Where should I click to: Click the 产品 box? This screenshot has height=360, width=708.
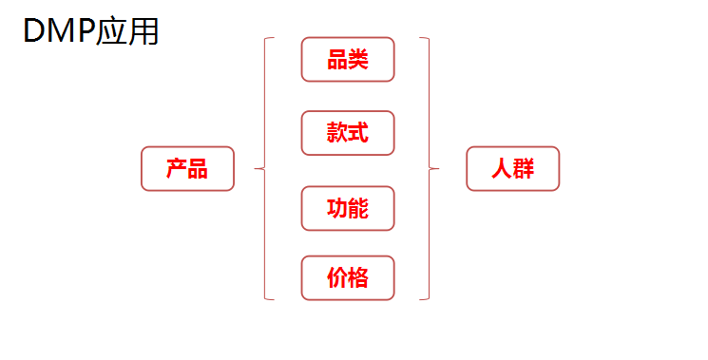tap(187, 169)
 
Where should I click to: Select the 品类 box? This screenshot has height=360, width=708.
tap(348, 60)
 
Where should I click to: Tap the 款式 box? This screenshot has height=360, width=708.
tap(348, 133)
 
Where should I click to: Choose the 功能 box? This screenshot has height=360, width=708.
tap(348, 208)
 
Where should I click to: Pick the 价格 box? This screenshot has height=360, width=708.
tap(348, 278)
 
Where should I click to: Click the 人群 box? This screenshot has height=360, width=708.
tap(513, 169)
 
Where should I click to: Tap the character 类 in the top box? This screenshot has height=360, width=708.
tap(358, 60)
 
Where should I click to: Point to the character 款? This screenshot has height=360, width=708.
tap(337, 133)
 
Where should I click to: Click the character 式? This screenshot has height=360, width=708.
tap(358, 133)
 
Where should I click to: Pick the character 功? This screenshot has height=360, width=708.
tap(337, 208)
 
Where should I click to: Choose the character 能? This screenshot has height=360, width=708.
tap(358, 208)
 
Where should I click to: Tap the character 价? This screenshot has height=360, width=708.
tap(337, 278)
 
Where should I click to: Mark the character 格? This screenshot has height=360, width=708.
tap(358, 278)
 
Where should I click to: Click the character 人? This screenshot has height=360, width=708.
tap(502, 169)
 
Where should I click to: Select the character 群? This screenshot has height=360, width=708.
tap(524, 169)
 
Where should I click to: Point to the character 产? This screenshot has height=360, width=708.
tap(177, 169)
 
